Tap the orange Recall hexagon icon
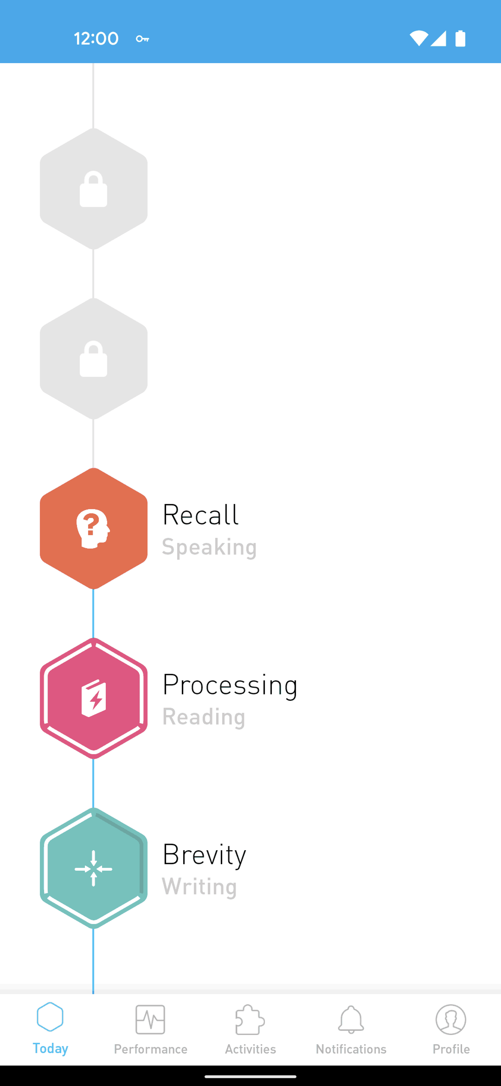pyautogui.click(x=93, y=528)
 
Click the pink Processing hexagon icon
pyautogui.click(x=93, y=698)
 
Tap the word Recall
pyautogui.click(x=201, y=515)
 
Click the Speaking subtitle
pyautogui.click(x=210, y=547)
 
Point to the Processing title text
pyautogui.click(x=230, y=685)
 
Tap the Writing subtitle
pyautogui.click(x=199, y=887)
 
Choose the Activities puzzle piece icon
pyautogui.click(x=250, y=1019)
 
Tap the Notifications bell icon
pyautogui.click(x=351, y=1019)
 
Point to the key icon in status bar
pyautogui.click(x=142, y=39)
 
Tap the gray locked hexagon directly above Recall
pyautogui.click(x=93, y=358)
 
